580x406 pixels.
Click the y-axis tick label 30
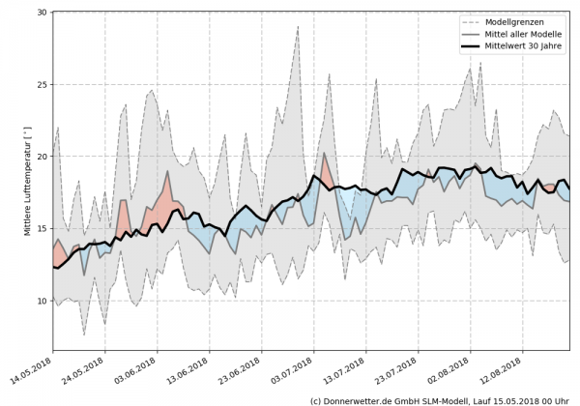(43, 13)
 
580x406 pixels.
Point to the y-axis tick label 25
(43, 84)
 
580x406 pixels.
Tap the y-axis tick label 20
(43, 157)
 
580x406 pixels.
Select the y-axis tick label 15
(43, 229)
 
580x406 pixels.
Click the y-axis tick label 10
(43, 301)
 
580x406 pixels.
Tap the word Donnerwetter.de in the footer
(367, 399)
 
